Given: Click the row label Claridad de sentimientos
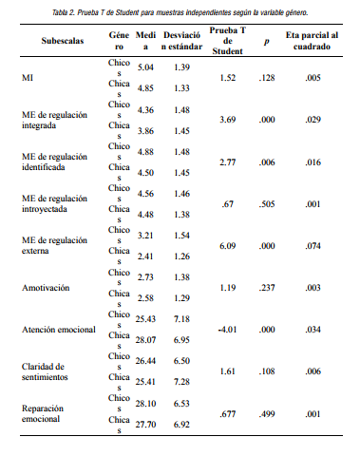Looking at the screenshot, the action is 47,371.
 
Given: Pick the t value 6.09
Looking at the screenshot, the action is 227,245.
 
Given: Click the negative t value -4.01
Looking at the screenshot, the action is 226,328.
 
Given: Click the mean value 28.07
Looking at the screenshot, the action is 145,338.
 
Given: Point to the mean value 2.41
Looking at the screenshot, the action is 145,256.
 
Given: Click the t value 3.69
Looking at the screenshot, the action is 227,120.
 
